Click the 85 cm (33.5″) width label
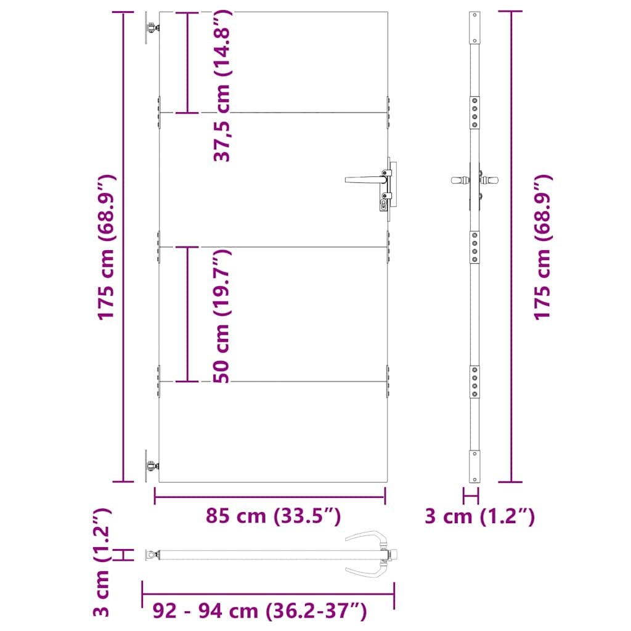point(273,516)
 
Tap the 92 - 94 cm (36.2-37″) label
point(259,611)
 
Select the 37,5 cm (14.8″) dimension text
point(222,86)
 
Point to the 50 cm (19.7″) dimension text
point(222,316)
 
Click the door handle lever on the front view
point(364,179)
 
